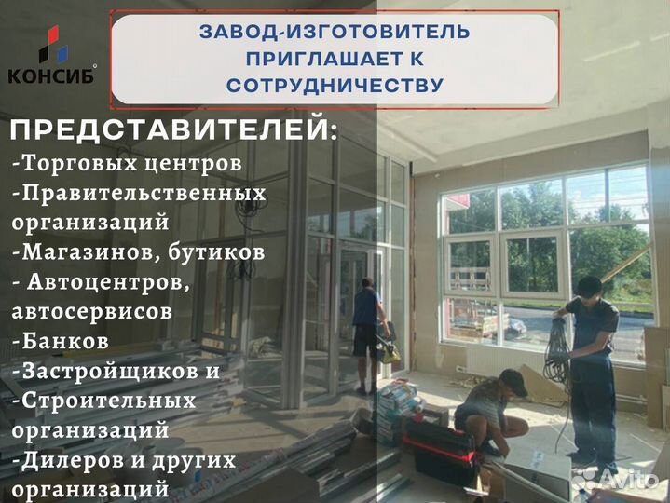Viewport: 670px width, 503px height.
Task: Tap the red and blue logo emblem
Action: click(51, 45)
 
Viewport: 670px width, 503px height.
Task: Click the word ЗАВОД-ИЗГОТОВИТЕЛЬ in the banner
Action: click(335, 32)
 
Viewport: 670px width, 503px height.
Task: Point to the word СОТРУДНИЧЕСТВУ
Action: click(335, 85)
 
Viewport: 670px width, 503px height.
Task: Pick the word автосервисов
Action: click(92, 310)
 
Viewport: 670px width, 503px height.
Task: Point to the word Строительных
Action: click(106, 400)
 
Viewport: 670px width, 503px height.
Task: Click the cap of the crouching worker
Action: click(512, 377)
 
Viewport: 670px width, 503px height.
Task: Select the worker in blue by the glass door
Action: click(367, 321)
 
